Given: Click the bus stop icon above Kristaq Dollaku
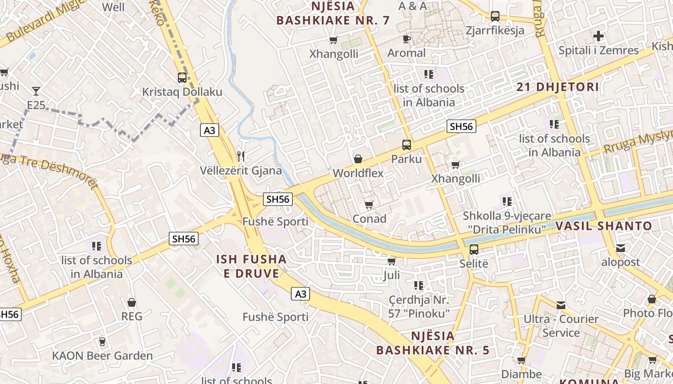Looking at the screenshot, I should (x=182, y=77).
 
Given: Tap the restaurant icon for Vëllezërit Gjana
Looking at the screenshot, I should (x=241, y=156).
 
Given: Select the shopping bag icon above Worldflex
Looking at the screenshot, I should (x=358, y=159).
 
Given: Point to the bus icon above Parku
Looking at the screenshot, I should (x=406, y=144).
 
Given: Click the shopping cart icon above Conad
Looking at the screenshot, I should (x=369, y=205).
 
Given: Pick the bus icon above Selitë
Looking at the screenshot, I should (x=474, y=250).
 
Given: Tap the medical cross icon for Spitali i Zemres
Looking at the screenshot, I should (x=598, y=36).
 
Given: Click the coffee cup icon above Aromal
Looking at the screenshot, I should (x=406, y=39).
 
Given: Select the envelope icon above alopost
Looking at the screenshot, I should (x=621, y=248).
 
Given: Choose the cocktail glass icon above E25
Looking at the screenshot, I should (x=36, y=91).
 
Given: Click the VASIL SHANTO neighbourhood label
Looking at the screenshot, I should (x=604, y=226).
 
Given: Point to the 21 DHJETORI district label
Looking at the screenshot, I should (x=558, y=87).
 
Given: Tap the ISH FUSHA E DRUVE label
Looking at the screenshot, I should (x=251, y=266).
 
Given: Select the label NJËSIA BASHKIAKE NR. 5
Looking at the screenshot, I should (x=433, y=343).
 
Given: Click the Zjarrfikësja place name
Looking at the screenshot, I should (x=495, y=31).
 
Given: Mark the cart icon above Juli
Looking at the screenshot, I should (x=391, y=262).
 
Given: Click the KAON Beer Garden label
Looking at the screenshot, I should (x=102, y=356).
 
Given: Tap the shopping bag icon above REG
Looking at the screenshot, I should (x=131, y=302).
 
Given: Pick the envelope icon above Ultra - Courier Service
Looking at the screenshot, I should (x=561, y=305).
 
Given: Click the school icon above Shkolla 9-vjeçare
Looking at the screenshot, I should (x=507, y=202).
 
